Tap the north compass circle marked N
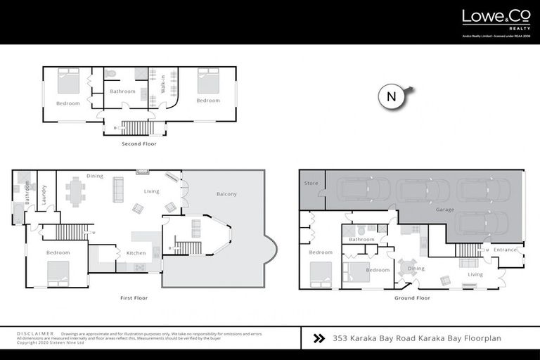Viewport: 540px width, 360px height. click(x=391, y=97)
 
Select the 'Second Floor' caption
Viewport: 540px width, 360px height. click(x=139, y=144)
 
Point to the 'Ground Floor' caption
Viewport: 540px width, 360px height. click(x=412, y=298)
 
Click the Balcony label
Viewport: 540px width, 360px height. click(x=226, y=194)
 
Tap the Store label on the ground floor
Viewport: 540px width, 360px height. click(x=311, y=184)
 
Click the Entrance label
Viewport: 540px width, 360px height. click(x=505, y=250)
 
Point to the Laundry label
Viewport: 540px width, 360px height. click(x=44, y=195)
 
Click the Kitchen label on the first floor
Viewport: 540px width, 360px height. click(x=136, y=252)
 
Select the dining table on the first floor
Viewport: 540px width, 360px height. click(x=77, y=191)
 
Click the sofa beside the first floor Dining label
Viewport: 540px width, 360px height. click(x=117, y=189)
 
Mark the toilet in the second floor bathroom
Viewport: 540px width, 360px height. click(x=110, y=73)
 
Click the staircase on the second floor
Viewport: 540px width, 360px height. click(x=136, y=127)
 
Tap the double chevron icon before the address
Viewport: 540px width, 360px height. click(x=318, y=338)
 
